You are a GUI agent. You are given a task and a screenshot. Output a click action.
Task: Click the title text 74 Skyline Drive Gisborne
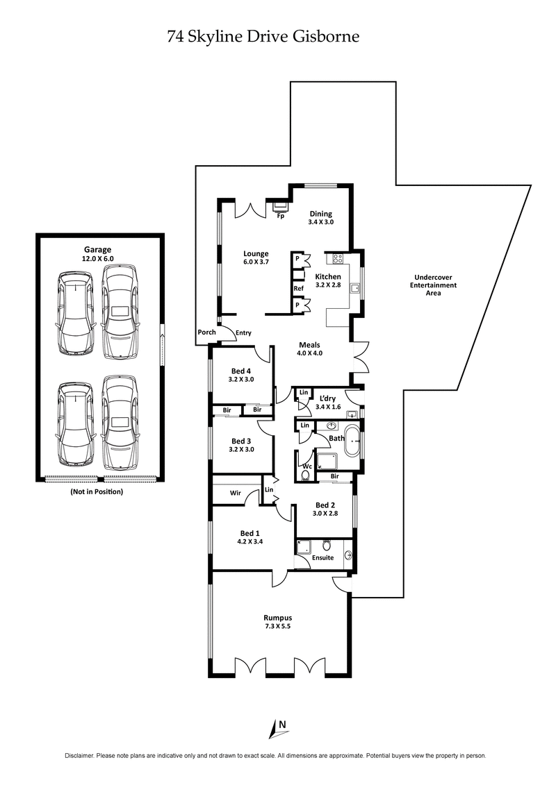(263, 37)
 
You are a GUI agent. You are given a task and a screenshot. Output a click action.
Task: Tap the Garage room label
(98, 250)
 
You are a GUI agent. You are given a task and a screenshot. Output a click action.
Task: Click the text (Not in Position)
(97, 491)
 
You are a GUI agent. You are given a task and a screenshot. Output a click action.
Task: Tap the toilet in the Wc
(306, 475)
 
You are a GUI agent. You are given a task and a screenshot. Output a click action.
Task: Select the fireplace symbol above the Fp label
(280, 206)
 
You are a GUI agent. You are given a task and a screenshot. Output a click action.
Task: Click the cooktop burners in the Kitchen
(339, 260)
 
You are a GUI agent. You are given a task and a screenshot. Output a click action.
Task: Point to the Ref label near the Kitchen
(298, 288)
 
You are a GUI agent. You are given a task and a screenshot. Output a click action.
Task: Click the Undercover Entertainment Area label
(433, 285)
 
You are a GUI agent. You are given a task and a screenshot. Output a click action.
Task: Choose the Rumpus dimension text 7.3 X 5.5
(277, 627)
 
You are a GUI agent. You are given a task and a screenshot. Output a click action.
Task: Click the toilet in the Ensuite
(327, 545)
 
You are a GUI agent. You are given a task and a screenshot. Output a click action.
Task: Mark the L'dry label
(328, 398)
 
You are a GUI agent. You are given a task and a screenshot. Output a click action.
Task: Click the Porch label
(206, 332)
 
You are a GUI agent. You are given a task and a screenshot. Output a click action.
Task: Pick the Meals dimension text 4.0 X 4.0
(309, 353)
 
